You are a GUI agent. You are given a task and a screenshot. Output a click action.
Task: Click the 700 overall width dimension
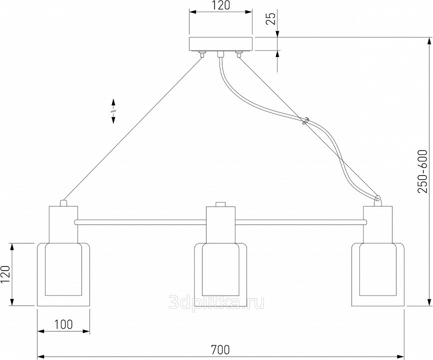point(220,350)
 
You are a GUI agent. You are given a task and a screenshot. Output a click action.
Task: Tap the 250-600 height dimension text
point(423,171)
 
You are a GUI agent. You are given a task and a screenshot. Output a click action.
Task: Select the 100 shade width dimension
point(63,324)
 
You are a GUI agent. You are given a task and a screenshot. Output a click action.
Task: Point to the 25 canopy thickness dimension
point(272,19)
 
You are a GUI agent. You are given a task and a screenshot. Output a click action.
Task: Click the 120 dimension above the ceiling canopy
point(220,5)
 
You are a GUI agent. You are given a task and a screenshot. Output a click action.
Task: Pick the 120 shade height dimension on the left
point(5,274)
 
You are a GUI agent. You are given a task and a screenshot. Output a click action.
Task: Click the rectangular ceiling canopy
point(220,44)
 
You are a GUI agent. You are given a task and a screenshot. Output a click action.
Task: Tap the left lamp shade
point(63,274)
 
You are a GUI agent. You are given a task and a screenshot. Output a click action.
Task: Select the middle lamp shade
point(220,274)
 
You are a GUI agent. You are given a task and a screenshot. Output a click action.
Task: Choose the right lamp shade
point(377,274)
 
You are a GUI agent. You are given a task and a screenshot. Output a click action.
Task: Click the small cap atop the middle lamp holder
point(220,204)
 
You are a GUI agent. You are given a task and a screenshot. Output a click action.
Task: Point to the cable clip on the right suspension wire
point(305,121)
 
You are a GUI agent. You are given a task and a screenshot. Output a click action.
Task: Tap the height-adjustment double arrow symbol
point(113,111)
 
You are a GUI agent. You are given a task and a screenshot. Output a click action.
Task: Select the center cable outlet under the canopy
point(220,54)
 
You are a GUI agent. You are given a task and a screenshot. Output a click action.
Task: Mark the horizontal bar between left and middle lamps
point(142,221)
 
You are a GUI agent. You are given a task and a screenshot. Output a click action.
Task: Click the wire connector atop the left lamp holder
point(63,203)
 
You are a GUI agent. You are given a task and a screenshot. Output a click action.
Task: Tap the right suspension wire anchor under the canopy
point(238,54)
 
